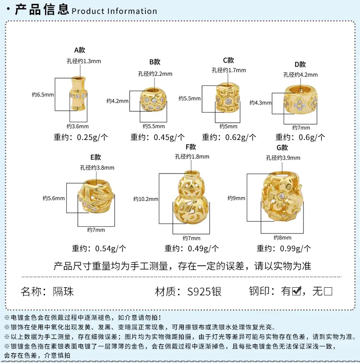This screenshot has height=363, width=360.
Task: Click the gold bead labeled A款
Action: [78, 94]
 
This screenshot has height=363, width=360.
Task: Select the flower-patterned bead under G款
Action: [282, 196]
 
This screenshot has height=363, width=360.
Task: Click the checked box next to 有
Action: [297, 291]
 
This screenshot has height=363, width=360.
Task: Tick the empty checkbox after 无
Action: [328, 291]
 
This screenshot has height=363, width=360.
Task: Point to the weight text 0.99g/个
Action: [295, 249]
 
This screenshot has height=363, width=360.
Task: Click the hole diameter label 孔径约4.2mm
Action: [300, 75]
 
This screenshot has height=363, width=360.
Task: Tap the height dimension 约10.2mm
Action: [146, 199]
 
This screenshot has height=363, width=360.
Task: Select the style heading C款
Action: [228, 60]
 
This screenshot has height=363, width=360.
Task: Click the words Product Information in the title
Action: [114, 11]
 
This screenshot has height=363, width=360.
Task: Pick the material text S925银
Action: [204, 292]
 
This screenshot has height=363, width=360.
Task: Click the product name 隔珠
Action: [63, 292]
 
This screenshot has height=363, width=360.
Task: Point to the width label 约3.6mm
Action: [78, 126]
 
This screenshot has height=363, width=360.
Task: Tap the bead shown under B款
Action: [153, 100]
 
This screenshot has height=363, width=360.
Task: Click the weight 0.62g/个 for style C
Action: [240, 137]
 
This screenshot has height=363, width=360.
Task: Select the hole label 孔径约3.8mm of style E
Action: [97, 168]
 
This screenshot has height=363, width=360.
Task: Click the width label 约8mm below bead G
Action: [282, 237]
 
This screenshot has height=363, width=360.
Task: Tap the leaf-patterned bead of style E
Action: [96, 196]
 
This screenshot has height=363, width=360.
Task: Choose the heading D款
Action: [300, 65]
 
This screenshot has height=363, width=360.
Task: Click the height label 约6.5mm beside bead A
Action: [43, 94]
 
